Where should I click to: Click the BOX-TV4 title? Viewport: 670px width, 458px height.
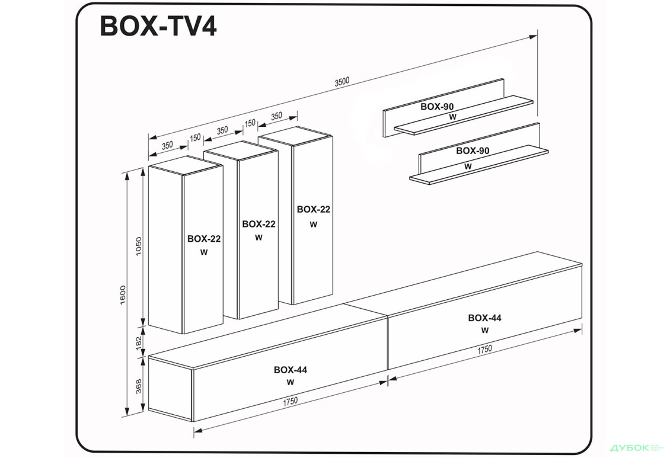coord(158,27)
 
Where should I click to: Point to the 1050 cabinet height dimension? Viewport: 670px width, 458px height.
coord(139,246)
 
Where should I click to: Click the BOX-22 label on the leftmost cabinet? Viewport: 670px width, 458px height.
coord(204,239)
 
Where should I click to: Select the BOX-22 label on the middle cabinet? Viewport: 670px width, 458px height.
coord(259,224)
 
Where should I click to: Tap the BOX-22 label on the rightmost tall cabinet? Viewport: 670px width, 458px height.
coord(313,209)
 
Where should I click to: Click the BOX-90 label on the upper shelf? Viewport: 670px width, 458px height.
coord(437,107)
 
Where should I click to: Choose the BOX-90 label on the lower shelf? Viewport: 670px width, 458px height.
coord(473,151)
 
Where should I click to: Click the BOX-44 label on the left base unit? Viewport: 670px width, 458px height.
coord(290,370)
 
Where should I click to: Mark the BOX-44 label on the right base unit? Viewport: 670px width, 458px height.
coord(484,318)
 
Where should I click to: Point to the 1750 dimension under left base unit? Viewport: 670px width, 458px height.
coord(290,401)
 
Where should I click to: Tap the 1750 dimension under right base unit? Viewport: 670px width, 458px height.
coord(484,349)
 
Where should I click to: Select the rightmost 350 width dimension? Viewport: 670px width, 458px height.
coord(276,117)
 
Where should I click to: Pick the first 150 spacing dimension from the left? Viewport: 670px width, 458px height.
coord(195,137)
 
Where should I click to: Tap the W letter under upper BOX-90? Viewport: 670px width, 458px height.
coord(452,117)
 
